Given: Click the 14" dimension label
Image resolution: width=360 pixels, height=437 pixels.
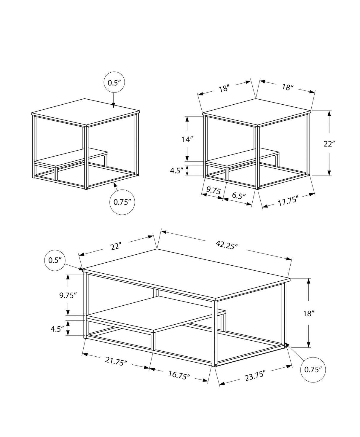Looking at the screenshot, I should coord(187,139).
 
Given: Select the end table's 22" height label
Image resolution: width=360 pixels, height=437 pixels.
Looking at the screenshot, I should coord(329,144).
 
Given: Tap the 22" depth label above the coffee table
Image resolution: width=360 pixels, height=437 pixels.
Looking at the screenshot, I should coord(117,246).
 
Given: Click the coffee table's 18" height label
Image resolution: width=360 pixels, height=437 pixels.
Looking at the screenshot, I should coord(309,313).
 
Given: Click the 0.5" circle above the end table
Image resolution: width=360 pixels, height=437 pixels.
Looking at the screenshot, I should coord(114,83).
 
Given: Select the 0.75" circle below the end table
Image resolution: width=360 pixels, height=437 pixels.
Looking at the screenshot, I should coord(122,202).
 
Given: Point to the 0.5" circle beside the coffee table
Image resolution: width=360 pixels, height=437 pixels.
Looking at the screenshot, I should coord(55,260).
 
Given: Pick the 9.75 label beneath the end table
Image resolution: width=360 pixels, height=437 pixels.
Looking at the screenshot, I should coord(213,191).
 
